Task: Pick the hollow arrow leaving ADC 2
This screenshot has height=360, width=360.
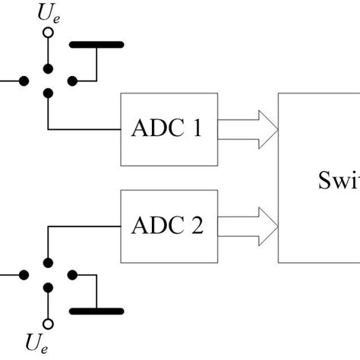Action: point(248,226)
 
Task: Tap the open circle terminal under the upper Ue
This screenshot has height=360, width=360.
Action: point(48,33)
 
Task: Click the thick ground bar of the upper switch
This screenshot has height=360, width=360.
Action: point(96,45)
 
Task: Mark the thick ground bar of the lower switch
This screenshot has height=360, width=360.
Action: point(96,311)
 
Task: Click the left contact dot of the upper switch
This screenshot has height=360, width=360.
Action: point(24,79)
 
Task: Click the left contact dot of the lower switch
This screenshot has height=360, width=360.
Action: point(24,275)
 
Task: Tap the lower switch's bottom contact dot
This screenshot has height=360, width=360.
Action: point(48,289)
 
